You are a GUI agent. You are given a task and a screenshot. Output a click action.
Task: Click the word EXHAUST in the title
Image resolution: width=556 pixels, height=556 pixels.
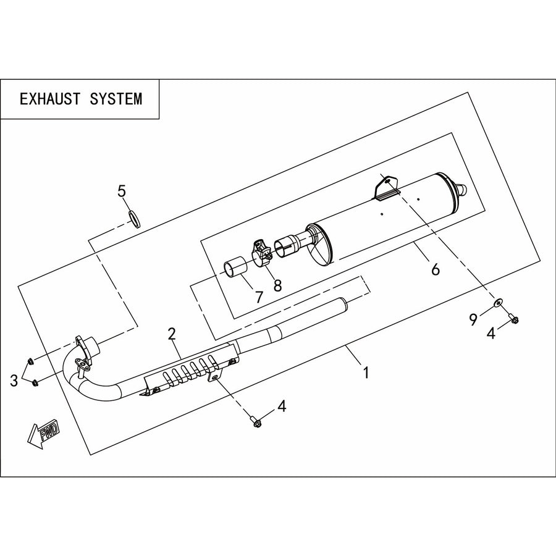coord(50,99)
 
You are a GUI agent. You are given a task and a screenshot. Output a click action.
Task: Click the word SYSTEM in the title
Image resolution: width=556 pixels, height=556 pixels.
coord(116,99)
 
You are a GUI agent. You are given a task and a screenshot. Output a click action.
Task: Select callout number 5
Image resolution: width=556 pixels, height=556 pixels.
coord(122,192)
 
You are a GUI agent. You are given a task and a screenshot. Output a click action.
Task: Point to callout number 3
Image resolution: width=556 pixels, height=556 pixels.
coord(14,381)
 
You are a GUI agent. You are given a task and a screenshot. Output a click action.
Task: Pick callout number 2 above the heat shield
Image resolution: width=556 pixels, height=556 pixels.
coord(172,334)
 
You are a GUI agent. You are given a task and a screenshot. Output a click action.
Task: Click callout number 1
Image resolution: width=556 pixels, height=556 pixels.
coord(366,373)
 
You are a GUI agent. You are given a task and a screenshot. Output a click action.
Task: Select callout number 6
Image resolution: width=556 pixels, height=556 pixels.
coord(436,269)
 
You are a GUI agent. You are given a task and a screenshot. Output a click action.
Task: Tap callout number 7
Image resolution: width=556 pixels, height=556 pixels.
coord(259,297)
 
